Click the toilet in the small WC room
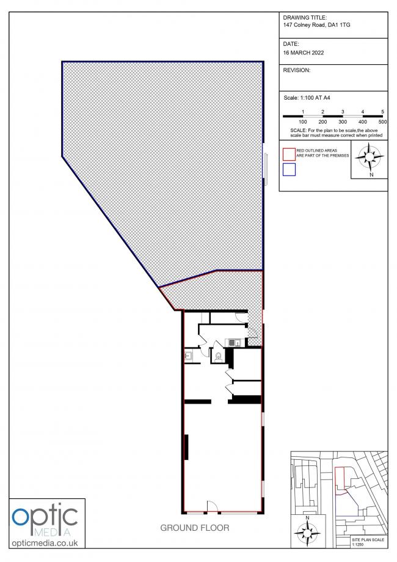[x=218, y=354]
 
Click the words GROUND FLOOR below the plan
[x=195, y=528]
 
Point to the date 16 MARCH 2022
[x=304, y=53]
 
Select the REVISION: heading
[x=297, y=70]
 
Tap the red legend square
[x=290, y=152]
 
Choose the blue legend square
[x=290, y=169]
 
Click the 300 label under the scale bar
[x=343, y=122]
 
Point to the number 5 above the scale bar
[x=382, y=111]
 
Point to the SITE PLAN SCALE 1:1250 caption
[x=369, y=542]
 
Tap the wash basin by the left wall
[x=189, y=355]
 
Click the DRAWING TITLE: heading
[x=305, y=17]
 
